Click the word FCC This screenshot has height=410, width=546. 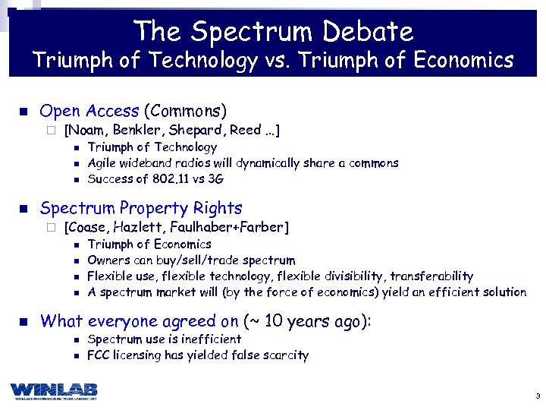99,355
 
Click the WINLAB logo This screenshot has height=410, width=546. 54,390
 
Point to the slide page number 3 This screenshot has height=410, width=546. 537,396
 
